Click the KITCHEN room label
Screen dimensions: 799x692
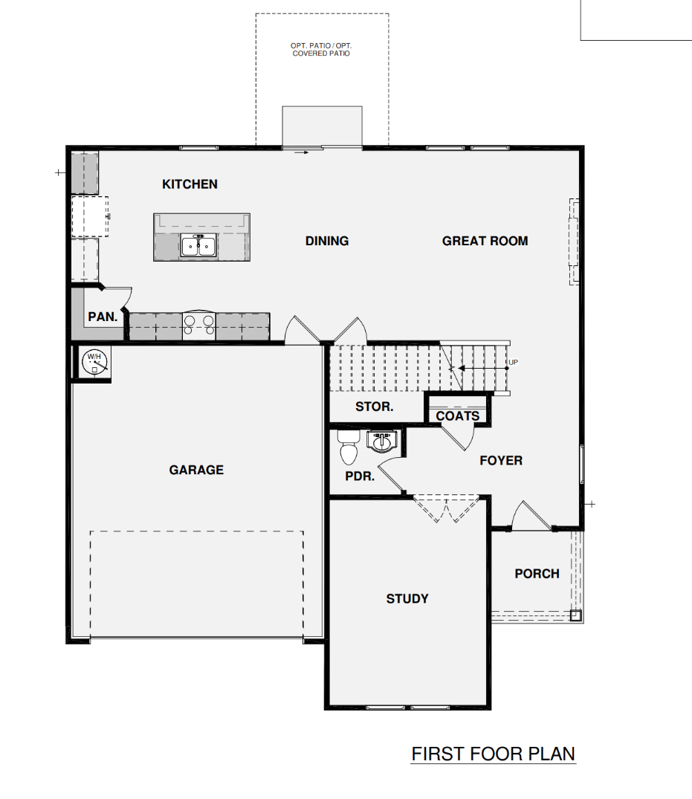190,184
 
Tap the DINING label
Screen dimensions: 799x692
327,241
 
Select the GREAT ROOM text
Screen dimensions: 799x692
485,241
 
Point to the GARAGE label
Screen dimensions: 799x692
196,470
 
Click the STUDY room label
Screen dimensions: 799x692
407,598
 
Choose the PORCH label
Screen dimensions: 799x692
537,574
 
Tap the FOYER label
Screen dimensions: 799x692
501,461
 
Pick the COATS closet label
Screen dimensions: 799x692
458,416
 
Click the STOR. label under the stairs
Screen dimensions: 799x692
375,407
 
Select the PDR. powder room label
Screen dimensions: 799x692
360,476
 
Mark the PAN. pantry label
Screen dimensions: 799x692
103,317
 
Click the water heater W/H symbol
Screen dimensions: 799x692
94,362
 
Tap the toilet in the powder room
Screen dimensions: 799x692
348,448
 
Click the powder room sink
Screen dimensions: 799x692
382,441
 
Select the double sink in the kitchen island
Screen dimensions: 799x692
198,246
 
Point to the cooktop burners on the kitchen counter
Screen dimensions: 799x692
198,325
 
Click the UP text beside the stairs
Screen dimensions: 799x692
513,363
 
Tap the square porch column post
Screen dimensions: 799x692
575,615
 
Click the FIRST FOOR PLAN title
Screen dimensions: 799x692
494,754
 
